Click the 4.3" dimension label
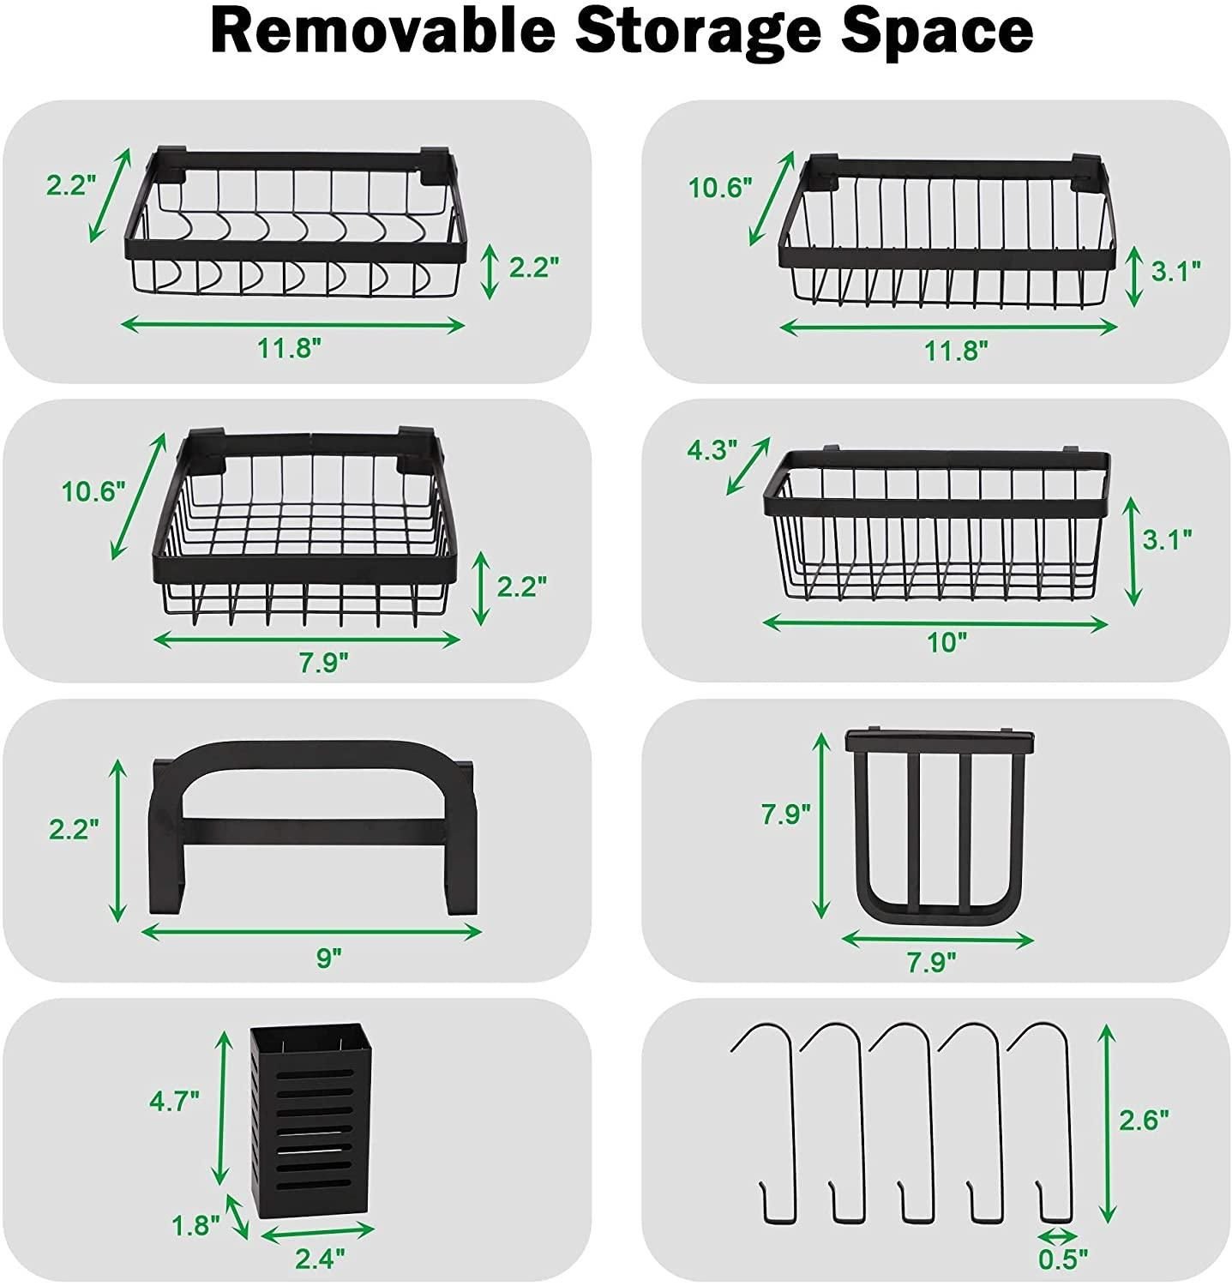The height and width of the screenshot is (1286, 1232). (x=712, y=449)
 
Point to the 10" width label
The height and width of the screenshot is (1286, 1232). (x=947, y=642)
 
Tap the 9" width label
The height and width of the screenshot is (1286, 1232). (x=328, y=957)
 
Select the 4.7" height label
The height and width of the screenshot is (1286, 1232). (x=174, y=1101)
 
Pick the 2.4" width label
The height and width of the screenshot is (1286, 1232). (x=320, y=1258)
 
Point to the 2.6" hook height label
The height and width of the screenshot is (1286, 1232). (x=1144, y=1119)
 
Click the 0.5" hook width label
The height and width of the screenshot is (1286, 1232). (x=1062, y=1258)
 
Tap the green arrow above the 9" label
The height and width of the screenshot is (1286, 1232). (x=311, y=932)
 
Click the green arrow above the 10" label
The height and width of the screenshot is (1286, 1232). (x=935, y=623)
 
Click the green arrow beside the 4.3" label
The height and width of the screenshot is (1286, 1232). (x=748, y=466)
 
